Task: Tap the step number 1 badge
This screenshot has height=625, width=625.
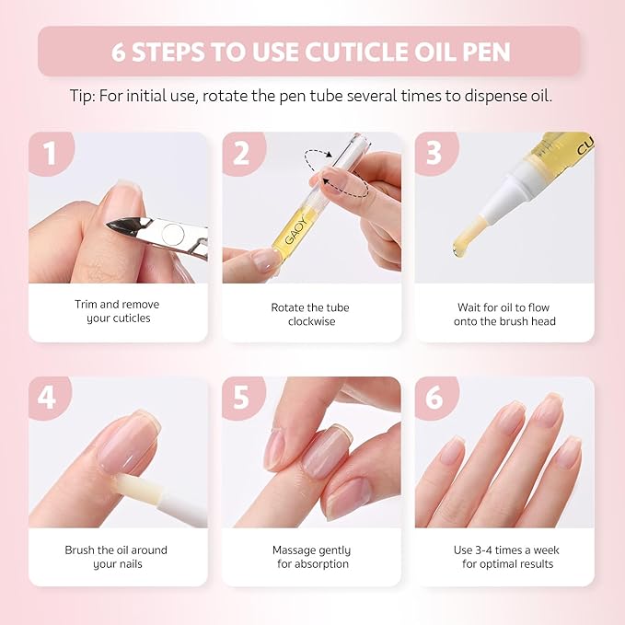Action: coord(49,153)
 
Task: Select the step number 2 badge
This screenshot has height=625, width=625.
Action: coord(241,153)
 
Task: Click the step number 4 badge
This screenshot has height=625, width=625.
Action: coord(49,398)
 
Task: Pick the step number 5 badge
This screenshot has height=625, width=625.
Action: coord(241,398)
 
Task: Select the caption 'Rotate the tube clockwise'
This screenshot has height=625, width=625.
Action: coord(310,314)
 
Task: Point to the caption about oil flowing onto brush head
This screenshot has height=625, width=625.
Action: coord(504,314)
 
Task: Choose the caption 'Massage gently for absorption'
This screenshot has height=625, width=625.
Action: coord(311,557)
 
